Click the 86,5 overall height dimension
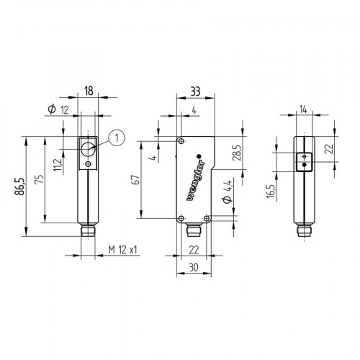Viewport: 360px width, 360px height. [x=21, y=188]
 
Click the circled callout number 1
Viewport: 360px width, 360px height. [x=117, y=137]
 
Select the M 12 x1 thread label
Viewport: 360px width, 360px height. [x=122, y=250]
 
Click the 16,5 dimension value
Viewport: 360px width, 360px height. [x=272, y=192]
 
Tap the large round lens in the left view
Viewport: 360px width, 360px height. [x=87, y=148]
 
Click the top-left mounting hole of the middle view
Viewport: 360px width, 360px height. [x=181, y=141]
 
